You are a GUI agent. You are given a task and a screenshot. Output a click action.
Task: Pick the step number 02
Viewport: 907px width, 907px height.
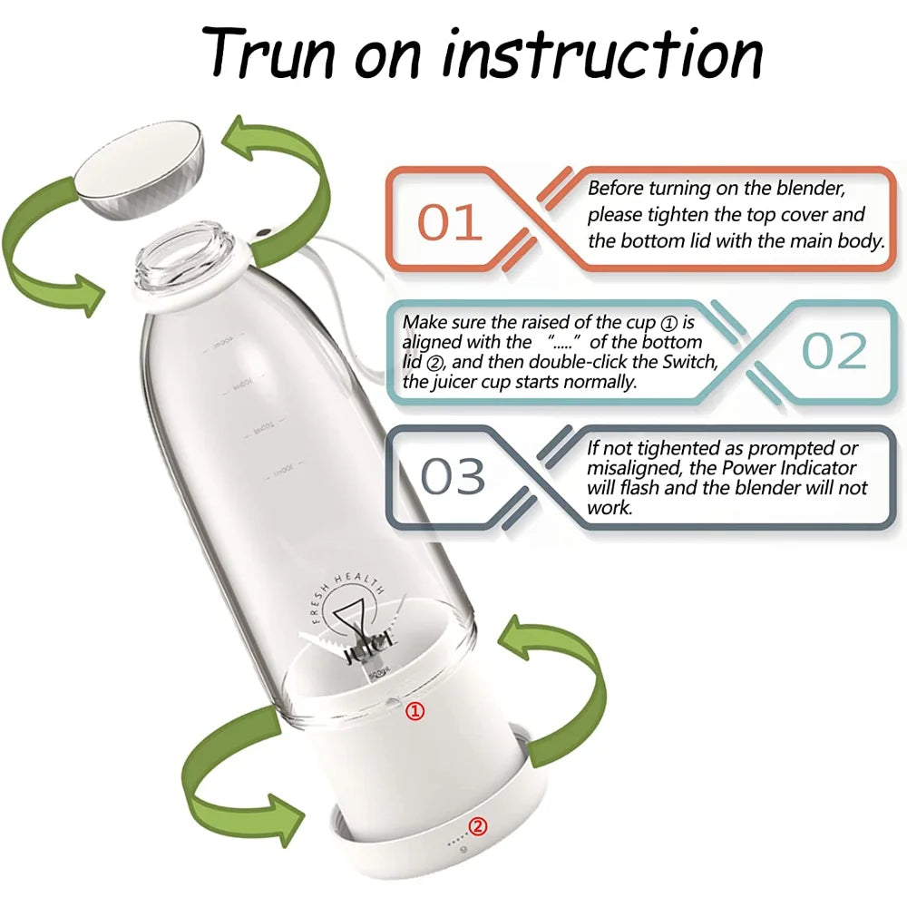pyautogui.click(x=834, y=351)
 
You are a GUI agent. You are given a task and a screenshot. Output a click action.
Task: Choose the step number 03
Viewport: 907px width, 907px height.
pyautogui.click(x=453, y=475)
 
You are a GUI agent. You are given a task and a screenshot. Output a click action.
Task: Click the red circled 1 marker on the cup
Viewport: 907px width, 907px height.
pyautogui.click(x=414, y=711)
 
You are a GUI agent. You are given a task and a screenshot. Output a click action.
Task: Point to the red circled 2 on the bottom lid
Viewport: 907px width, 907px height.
pyautogui.click(x=478, y=825)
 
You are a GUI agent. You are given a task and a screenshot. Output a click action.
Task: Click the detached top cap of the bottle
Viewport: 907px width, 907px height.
pyautogui.click(x=138, y=172)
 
